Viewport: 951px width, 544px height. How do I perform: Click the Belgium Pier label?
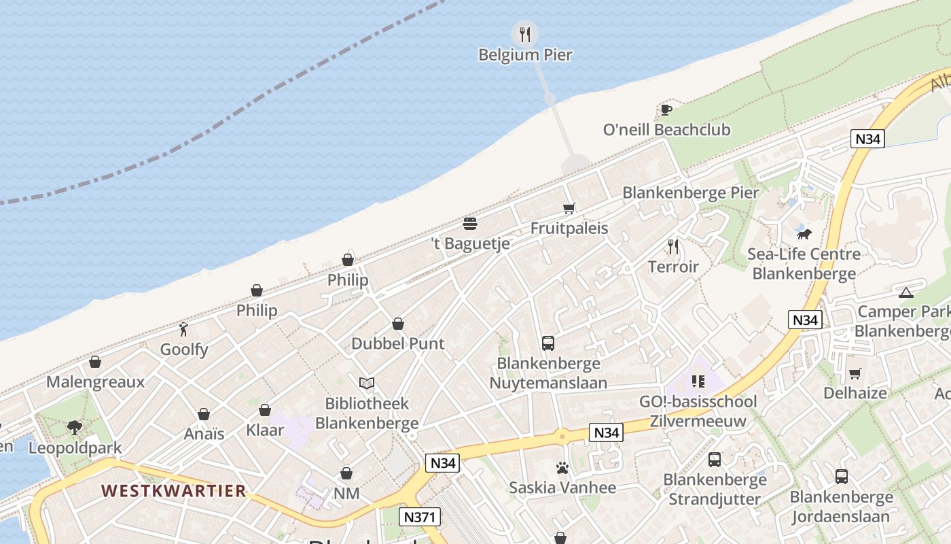[525, 54]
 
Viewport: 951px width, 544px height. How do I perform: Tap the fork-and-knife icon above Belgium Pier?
[524, 33]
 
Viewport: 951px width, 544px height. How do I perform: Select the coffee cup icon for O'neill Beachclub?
[666, 109]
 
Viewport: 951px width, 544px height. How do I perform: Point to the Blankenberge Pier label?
[690, 192]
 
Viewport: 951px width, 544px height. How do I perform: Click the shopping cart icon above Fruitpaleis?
[569, 208]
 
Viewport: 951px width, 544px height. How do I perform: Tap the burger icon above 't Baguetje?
[470, 223]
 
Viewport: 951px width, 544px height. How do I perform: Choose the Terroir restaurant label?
[673, 267]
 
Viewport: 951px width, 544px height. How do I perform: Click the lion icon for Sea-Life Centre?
[804, 235]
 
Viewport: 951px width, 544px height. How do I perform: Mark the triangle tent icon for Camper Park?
[905, 292]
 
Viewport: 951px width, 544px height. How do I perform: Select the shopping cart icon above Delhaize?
[855, 373]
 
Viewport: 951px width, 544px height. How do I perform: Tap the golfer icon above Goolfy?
[183, 330]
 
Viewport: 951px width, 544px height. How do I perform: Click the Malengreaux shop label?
[96, 381]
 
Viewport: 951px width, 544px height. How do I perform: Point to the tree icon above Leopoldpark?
[75, 428]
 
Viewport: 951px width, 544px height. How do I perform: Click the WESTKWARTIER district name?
[173, 490]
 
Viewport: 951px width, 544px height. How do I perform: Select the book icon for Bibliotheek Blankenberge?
[367, 384]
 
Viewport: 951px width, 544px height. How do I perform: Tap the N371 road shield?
[418, 517]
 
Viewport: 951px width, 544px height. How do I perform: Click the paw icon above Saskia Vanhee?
[562, 468]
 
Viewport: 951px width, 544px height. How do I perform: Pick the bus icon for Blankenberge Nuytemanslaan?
[548, 343]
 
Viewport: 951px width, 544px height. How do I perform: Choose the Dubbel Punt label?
[398, 343]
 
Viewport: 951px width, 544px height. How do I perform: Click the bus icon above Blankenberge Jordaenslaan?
[842, 477]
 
